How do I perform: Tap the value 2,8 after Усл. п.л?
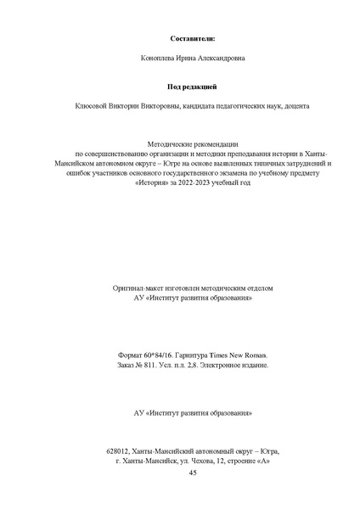[x=199, y=388]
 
